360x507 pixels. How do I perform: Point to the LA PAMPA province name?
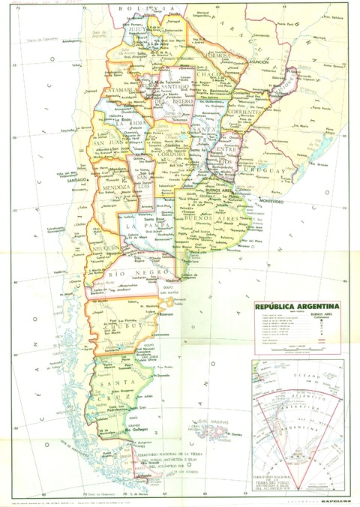(x=140, y=225)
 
